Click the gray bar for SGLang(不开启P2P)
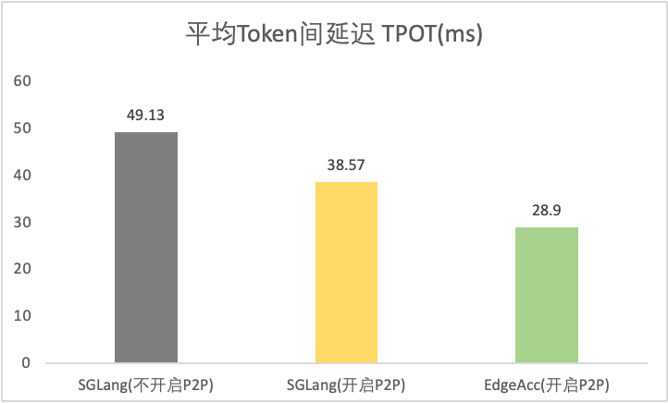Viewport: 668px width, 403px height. click(146, 247)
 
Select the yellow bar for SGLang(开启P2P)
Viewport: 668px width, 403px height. click(346, 272)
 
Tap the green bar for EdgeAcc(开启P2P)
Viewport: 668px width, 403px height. click(547, 295)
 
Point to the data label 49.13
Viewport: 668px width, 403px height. click(146, 116)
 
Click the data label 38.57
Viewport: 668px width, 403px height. click(346, 165)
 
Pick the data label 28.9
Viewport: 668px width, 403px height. click(547, 211)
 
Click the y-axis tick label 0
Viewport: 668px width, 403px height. click(27, 363)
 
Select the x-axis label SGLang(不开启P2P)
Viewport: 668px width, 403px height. click(146, 385)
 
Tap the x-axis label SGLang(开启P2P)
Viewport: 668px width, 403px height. click(346, 385)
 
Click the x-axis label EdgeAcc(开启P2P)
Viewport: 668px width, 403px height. click(547, 385)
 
